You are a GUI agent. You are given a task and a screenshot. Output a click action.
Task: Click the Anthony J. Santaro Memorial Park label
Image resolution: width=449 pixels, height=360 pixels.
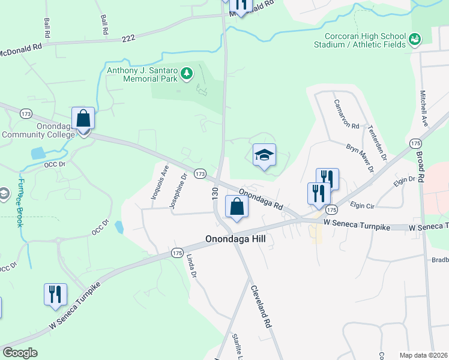141,74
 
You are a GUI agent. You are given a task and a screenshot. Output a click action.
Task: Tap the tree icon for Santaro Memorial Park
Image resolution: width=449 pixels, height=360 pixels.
187,73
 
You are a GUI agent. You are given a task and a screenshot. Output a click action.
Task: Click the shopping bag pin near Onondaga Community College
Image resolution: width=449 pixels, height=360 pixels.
83,119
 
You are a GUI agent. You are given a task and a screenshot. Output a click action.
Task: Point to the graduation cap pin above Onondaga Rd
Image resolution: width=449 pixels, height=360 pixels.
264,156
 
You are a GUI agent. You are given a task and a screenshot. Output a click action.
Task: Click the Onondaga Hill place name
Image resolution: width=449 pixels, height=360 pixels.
235,239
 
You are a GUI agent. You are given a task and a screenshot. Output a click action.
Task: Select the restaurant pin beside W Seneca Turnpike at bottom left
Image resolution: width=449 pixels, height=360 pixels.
55,295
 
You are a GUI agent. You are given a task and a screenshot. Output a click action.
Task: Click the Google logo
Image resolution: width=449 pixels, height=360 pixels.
20,353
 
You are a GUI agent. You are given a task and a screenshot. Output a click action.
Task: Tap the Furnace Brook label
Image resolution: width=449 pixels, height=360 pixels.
20,203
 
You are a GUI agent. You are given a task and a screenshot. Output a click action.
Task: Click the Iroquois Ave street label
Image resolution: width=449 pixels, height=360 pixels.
158,184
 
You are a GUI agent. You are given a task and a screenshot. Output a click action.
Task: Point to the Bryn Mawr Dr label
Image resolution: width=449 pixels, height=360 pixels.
360,157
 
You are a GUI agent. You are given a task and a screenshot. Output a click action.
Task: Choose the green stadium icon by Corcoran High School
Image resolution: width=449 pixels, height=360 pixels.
414,40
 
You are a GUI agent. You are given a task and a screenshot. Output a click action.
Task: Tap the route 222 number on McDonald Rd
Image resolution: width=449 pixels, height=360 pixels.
127,37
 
